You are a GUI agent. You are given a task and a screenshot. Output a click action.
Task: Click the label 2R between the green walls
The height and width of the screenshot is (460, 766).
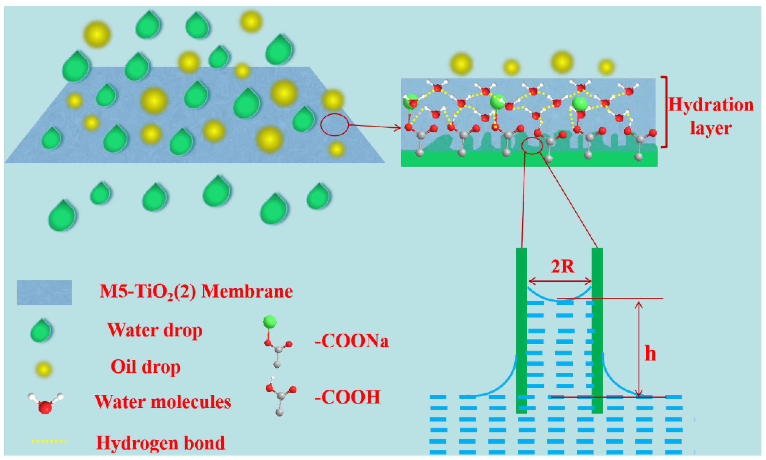[563, 267]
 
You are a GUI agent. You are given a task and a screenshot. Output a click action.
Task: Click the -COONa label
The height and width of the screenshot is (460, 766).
[352, 341]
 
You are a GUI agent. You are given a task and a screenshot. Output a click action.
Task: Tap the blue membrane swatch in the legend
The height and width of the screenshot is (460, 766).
[44, 293]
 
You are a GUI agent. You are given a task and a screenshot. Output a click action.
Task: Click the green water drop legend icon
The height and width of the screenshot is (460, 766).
[41, 330]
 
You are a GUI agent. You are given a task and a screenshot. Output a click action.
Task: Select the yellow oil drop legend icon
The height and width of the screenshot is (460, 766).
[44, 369]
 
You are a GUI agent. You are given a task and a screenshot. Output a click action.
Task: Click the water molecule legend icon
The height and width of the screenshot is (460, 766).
[45, 403]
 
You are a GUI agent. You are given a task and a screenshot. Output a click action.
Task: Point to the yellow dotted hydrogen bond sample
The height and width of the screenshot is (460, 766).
[49, 441]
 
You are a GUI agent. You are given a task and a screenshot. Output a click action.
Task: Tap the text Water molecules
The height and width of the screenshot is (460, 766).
[163, 402]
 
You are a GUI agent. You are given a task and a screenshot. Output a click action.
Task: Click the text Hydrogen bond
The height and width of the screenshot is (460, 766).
[160, 443]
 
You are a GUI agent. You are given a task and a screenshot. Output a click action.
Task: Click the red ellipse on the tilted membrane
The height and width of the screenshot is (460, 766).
[334, 125]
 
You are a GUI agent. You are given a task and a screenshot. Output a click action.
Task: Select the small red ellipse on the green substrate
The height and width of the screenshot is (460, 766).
[532, 146]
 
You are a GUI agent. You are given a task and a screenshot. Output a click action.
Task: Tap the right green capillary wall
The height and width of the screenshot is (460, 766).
[597, 330]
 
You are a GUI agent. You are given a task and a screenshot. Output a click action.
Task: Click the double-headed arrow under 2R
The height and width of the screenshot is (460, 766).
[560, 281]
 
